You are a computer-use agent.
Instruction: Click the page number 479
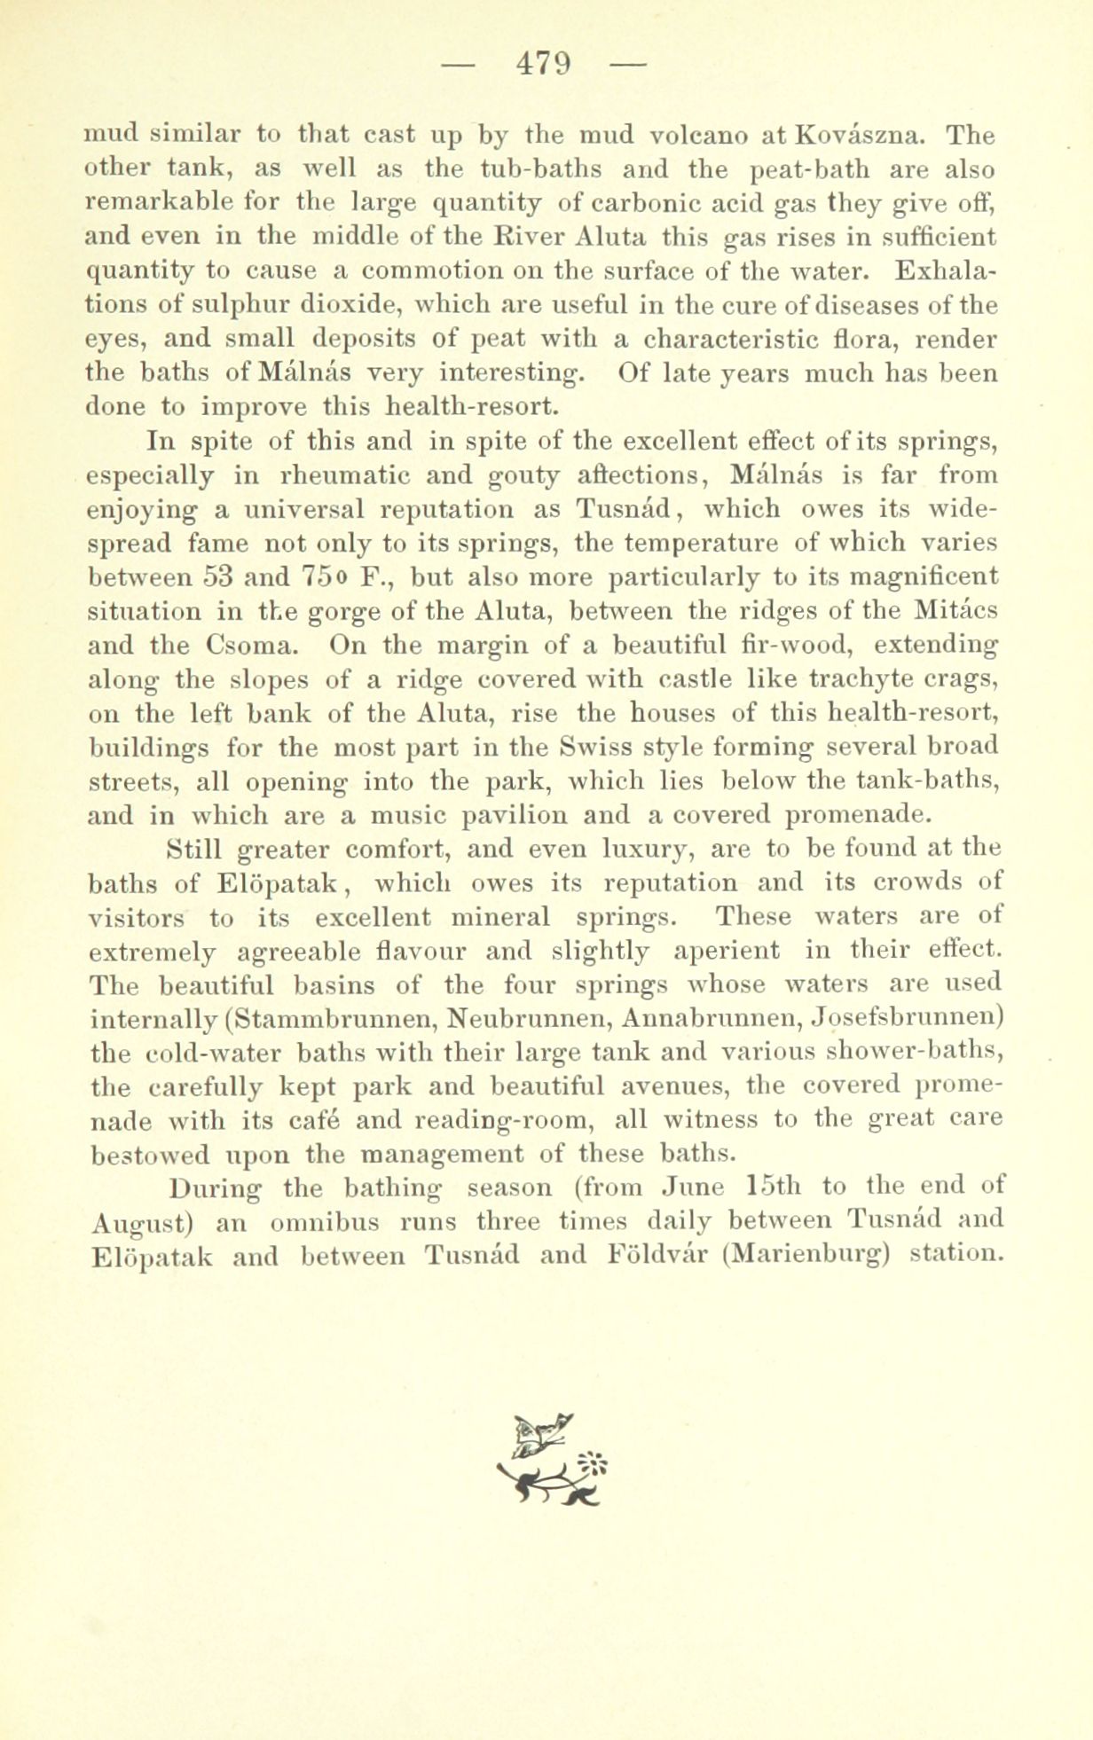[x=546, y=65]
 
